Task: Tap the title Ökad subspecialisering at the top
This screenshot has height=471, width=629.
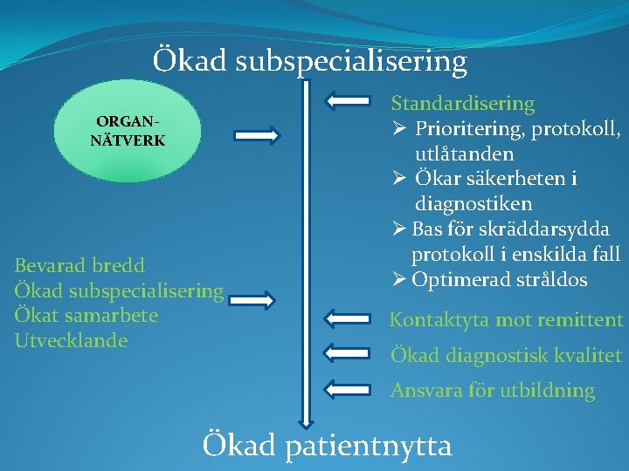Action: [x=310, y=61]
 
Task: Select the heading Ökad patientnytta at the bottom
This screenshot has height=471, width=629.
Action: [x=327, y=446]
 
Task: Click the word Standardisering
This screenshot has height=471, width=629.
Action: [x=462, y=104]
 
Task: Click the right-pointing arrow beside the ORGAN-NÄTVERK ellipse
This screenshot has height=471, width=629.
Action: [x=257, y=135]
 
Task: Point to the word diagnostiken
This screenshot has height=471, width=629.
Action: [x=473, y=204]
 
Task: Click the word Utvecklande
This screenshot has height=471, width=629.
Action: [x=71, y=340]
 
